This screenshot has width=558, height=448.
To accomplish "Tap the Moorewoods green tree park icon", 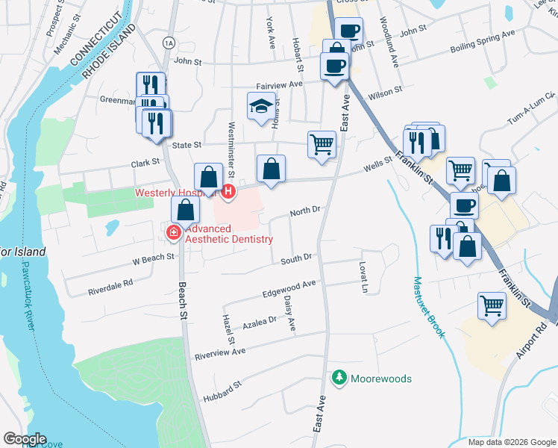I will pyautogui.click(x=340, y=379).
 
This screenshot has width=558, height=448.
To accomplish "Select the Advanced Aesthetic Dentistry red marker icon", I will pyautogui.click(x=174, y=234).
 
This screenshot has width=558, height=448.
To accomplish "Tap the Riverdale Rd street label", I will pyautogui.click(x=110, y=284).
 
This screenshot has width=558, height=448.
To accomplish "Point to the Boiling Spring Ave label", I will pyautogui.click(x=483, y=42).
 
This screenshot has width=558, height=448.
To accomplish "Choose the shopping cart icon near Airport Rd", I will pyautogui.click(x=492, y=306).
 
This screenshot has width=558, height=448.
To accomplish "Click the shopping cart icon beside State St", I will pyautogui.click(x=322, y=143).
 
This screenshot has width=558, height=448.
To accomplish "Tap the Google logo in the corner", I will pyautogui.click(x=24, y=439).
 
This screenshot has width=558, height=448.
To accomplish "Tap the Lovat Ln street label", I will pyautogui.click(x=363, y=277).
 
